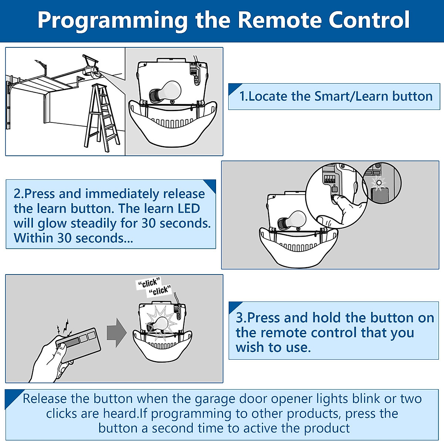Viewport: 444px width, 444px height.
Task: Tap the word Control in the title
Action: click(x=369, y=20)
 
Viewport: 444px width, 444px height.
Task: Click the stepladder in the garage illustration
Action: click(x=102, y=118)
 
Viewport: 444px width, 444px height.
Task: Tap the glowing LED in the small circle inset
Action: click(x=379, y=183)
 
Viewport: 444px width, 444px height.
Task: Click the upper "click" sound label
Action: click(x=148, y=283)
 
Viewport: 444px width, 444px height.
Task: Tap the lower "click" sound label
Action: click(x=160, y=291)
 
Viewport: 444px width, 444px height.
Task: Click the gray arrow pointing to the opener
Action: click(x=117, y=333)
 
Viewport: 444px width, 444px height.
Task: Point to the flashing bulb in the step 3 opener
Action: click(x=159, y=325)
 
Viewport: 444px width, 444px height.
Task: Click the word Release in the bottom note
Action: click(x=44, y=399)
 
